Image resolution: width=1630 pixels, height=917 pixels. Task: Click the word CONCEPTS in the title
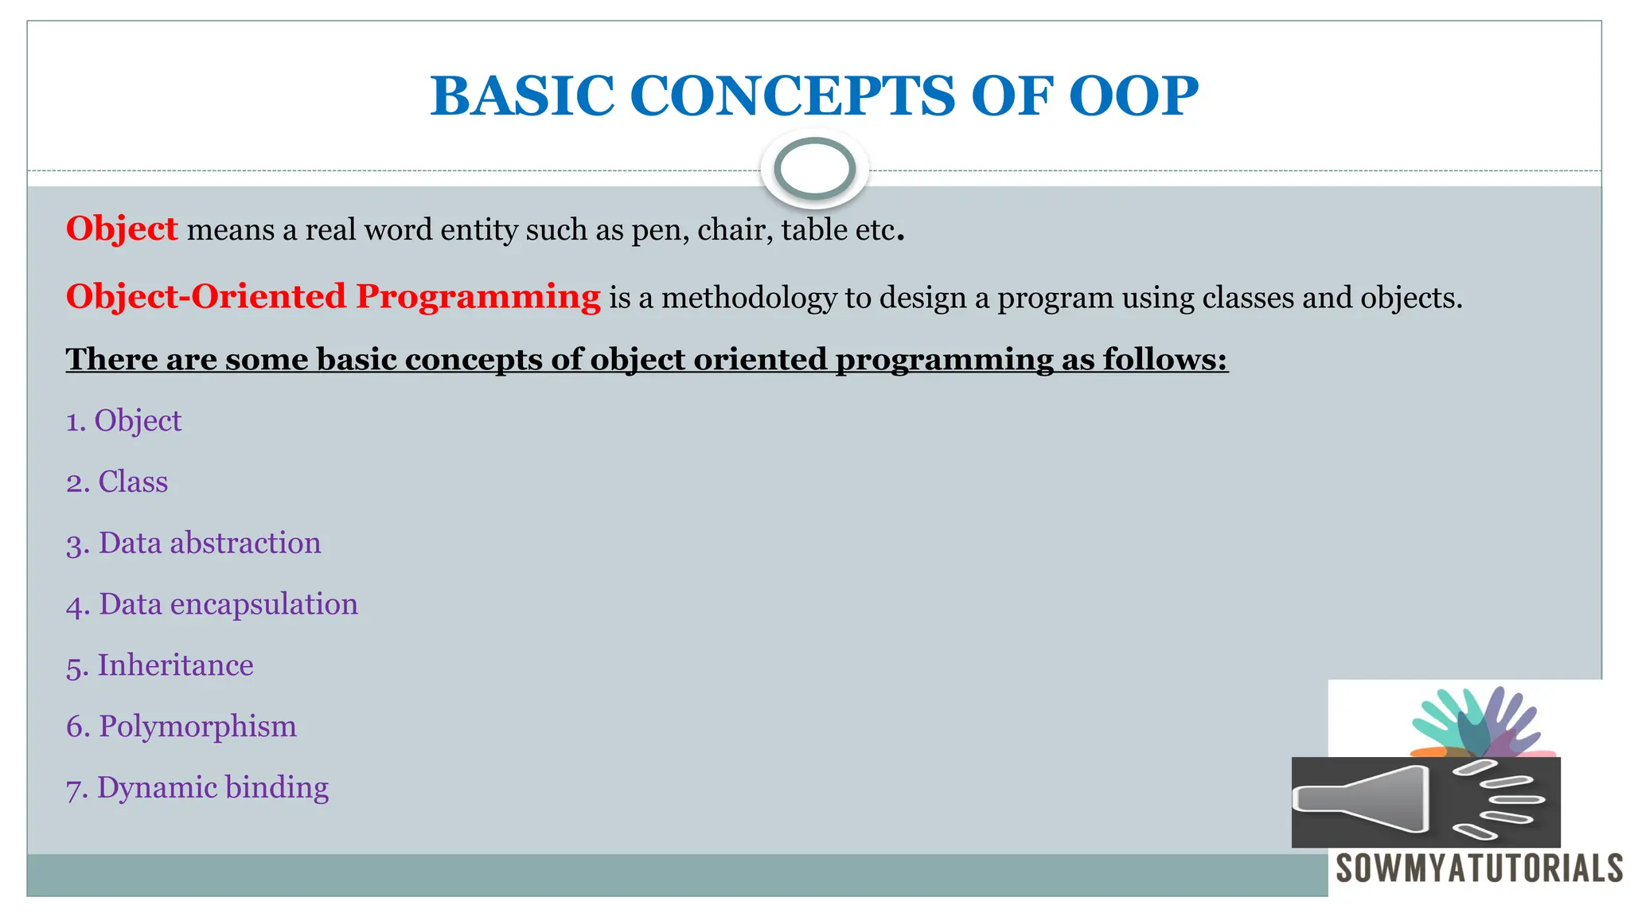click(x=792, y=96)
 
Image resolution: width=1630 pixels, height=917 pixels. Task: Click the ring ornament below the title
click(x=814, y=169)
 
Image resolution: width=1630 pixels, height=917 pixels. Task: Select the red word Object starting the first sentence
click(x=121, y=229)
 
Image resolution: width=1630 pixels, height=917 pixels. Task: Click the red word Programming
click(x=478, y=297)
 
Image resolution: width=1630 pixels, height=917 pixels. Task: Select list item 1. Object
click(x=124, y=421)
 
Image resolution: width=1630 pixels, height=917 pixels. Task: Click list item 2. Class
click(x=117, y=482)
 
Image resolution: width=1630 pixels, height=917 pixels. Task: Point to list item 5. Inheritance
click(x=160, y=665)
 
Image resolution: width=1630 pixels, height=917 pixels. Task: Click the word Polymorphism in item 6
click(x=197, y=727)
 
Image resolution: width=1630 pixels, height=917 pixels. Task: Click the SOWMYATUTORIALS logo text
click(x=1479, y=868)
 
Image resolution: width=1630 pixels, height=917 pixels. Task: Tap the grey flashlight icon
click(x=1361, y=800)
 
